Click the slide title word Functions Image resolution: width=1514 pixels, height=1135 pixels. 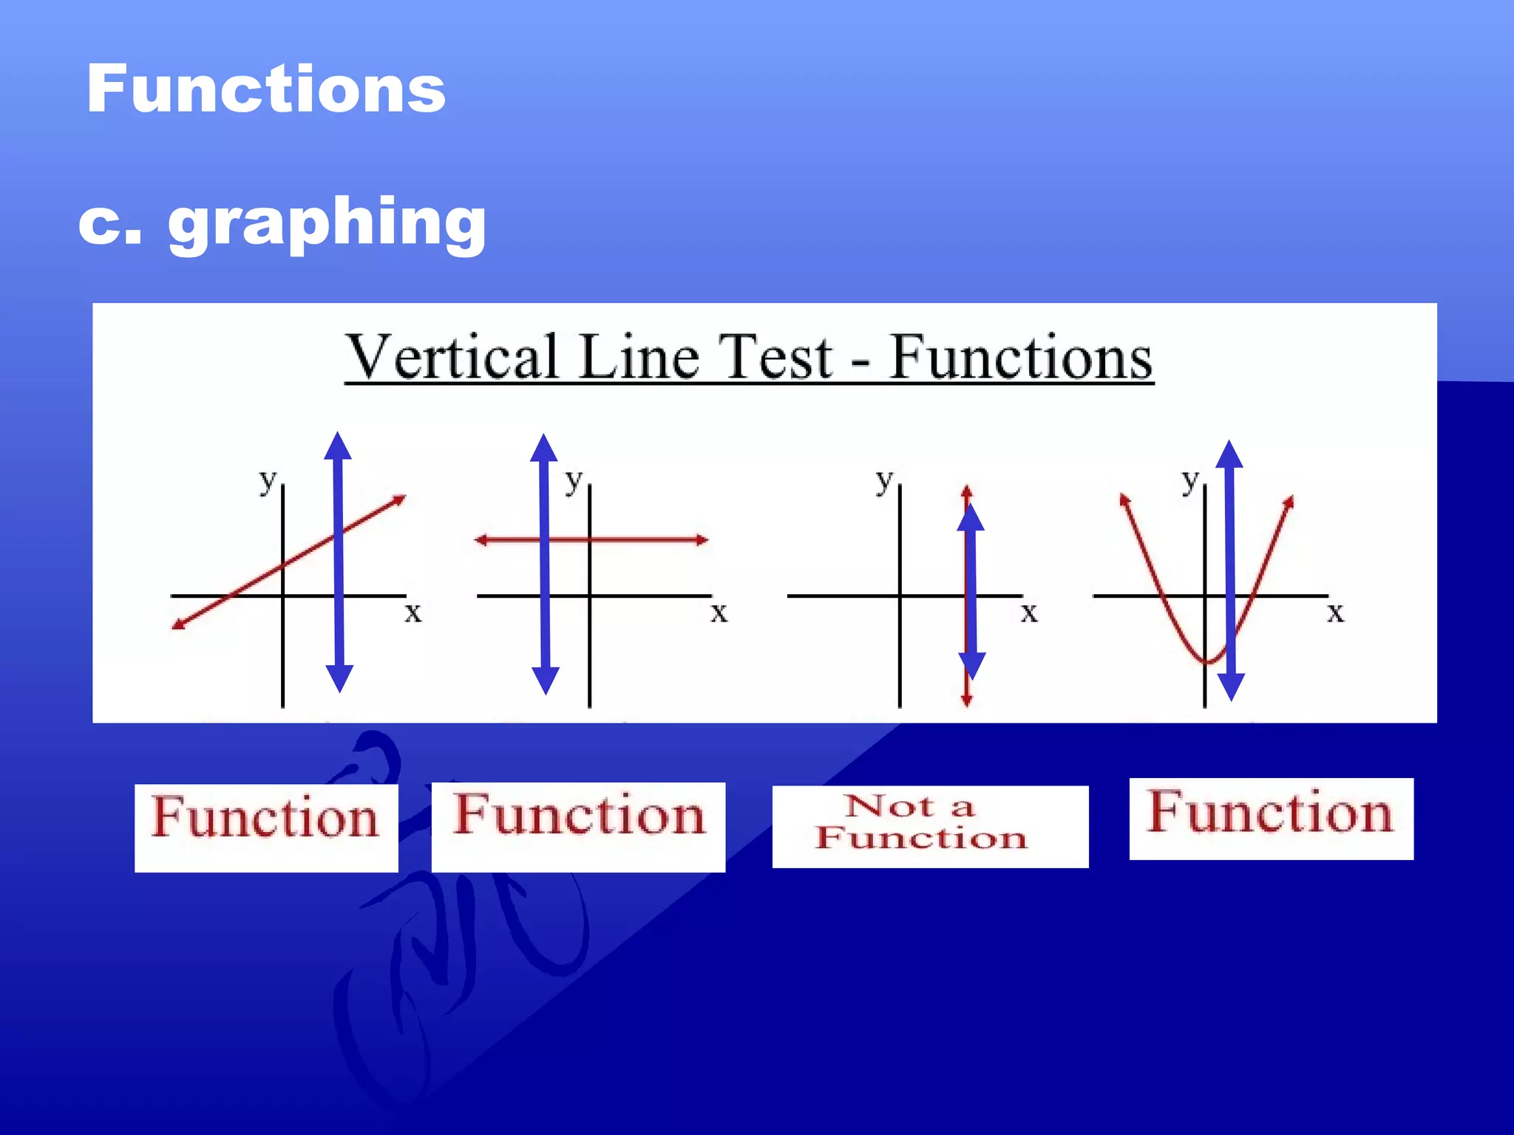pyautogui.click(x=266, y=89)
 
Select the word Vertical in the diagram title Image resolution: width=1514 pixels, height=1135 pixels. pyautogui.click(x=452, y=358)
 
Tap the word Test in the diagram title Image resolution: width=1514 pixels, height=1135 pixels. pyautogui.click(x=776, y=358)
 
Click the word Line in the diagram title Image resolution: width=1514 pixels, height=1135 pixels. pyautogui.click(x=638, y=358)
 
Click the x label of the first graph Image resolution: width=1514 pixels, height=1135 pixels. pyautogui.click(x=413, y=613)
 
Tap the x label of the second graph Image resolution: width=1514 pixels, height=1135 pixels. pyautogui.click(x=719, y=613)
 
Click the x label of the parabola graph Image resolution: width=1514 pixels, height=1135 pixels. pyautogui.click(x=1335, y=613)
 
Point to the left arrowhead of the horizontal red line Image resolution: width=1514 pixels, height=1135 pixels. pyautogui.click(x=481, y=540)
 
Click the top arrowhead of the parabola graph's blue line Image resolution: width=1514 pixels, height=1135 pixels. pyautogui.click(x=1229, y=454)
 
